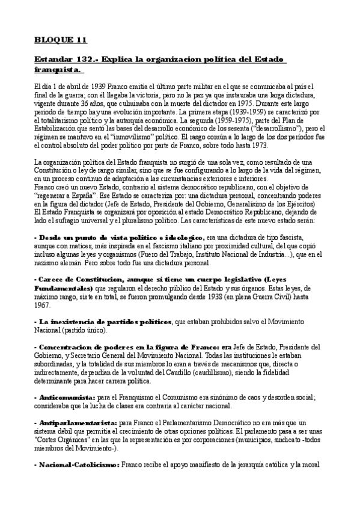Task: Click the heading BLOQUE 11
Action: pyautogui.click(x=60, y=41)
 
